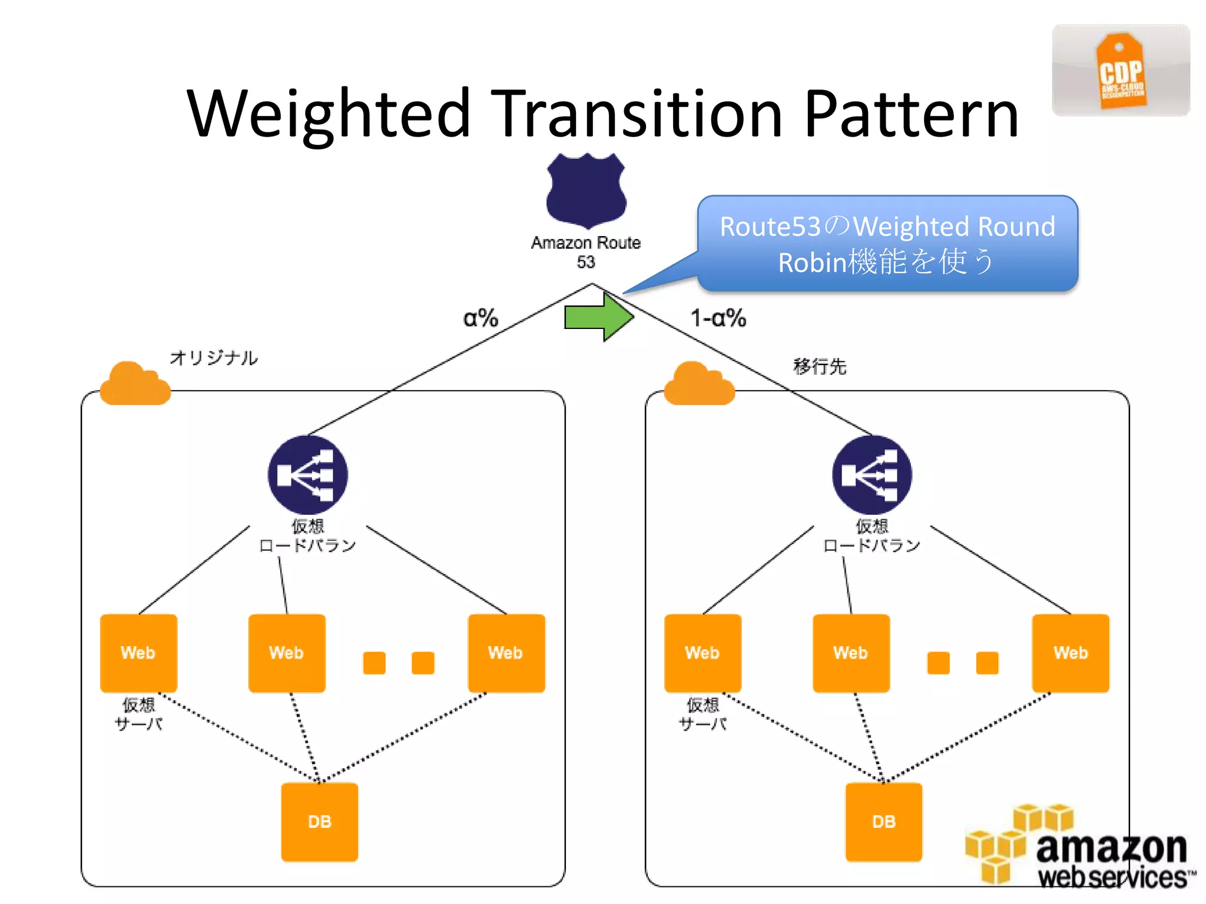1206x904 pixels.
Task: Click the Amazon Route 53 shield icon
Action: [586, 190]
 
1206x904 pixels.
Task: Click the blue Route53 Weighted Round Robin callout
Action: [887, 244]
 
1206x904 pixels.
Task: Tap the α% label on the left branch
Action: [481, 318]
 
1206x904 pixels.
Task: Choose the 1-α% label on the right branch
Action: [718, 318]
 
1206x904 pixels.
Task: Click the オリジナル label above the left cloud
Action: [214, 357]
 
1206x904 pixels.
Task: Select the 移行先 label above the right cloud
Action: [820, 366]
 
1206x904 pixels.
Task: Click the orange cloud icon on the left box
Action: [135, 384]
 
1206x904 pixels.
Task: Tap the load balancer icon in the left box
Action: [307, 474]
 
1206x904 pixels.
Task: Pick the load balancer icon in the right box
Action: [872, 474]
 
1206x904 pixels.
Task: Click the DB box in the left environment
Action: [319, 822]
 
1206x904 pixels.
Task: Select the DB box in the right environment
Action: [883, 822]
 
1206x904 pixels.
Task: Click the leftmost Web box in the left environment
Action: [138, 653]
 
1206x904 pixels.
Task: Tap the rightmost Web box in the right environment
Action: [1071, 653]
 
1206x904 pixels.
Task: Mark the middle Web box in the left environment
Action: [287, 653]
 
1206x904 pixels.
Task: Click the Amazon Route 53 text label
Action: [586, 252]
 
